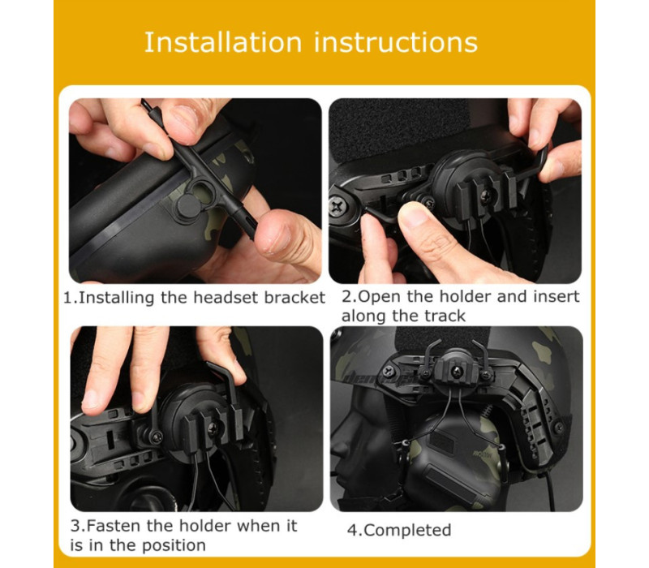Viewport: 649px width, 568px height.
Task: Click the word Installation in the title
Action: click(223, 42)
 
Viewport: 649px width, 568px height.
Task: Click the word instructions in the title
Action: click(396, 42)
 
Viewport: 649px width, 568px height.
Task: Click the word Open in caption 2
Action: click(380, 297)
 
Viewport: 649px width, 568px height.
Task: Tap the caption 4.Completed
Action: click(399, 531)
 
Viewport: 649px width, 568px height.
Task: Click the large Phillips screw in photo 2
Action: click(337, 206)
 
